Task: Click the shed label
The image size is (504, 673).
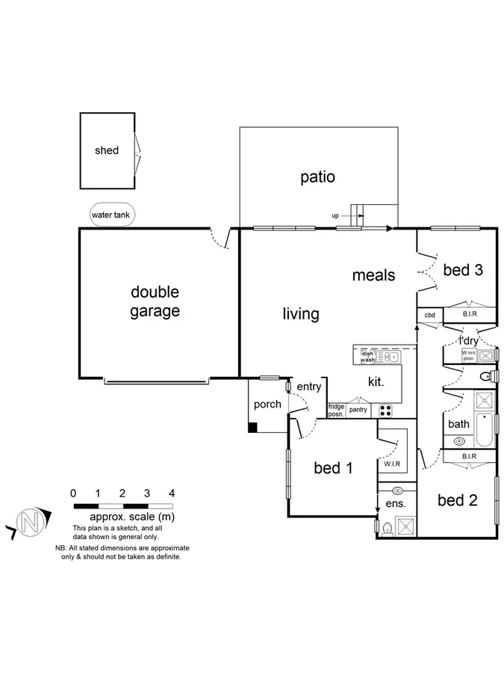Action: coord(107,150)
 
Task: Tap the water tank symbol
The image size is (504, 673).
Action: coord(111,215)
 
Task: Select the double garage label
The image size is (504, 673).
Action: coord(155,301)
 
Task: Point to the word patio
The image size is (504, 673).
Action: coord(317,177)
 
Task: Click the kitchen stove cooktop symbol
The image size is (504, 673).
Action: coord(385,410)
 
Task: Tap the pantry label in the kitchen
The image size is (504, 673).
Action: coord(358,410)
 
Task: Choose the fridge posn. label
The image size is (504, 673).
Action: coord(336,410)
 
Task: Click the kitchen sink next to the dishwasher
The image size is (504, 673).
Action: coord(389,358)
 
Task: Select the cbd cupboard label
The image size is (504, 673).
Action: coord(429,316)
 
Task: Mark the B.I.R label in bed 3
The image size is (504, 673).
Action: coord(469,316)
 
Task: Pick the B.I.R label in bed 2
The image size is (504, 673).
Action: coord(469,455)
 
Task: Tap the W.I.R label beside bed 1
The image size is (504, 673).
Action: coord(393,464)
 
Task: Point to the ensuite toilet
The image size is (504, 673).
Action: coord(385,529)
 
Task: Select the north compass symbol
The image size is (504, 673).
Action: coord(30,521)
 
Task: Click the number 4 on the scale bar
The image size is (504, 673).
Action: coord(172,494)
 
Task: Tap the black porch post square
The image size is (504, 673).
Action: coord(253,428)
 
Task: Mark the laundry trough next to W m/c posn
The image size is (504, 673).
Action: coord(485,355)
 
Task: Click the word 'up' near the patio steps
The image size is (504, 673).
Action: coord(335,216)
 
